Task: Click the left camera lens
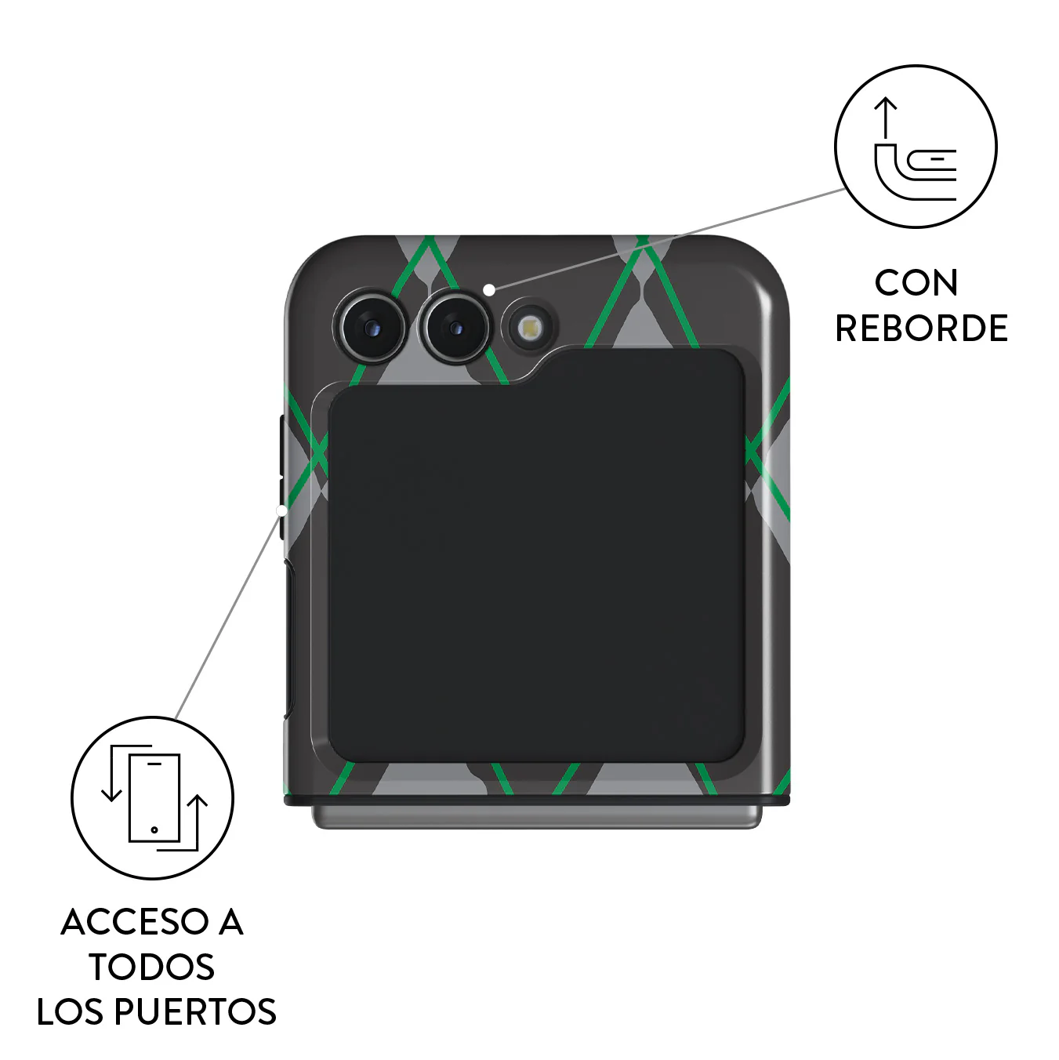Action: (x=372, y=328)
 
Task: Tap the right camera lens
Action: (x=456, y=328)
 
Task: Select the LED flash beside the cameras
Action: (x=529, y=329)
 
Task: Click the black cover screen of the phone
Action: (x=536, y=556)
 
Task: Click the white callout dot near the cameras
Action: (x=488, y=289)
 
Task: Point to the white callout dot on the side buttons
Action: (x=281, y=511)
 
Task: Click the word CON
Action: (x=916, y=283)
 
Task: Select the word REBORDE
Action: (x=922, y=329)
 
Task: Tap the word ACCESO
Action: (x=136, y=922)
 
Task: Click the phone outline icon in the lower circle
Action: (x=154, y=797)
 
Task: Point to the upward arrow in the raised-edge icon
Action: (x=885, y=118)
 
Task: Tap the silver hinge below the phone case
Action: (x=537, y=818)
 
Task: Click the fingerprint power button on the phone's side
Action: (x=289, y=639)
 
